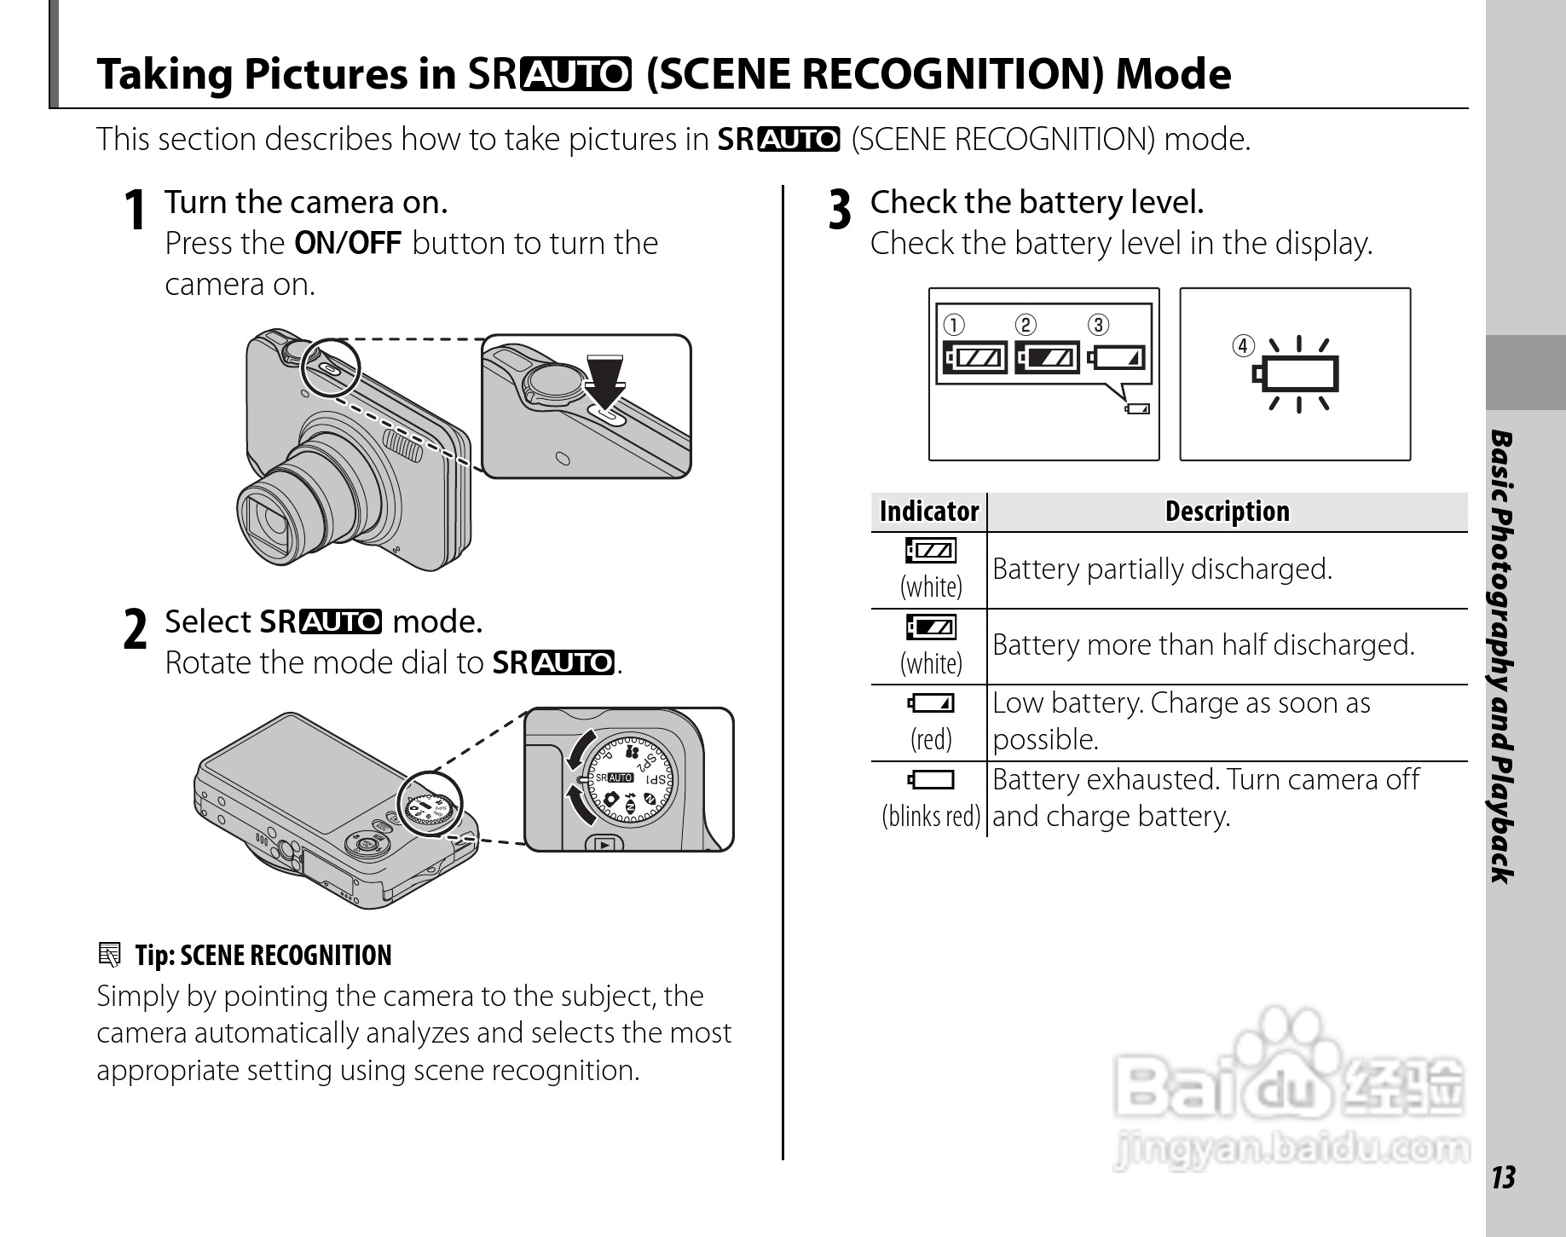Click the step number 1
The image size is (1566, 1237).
pos(134,210)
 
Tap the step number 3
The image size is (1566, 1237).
pos(840,210)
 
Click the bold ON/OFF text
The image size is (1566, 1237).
pos(348,244)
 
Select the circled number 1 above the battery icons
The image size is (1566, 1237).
pos(953,326)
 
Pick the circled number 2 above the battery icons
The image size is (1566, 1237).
pos(1026,326)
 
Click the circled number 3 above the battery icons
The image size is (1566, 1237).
pos(1099,326)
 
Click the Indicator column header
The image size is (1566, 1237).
pos(929,512)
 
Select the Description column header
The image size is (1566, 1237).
pos(1228,512)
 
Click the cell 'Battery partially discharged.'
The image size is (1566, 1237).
pos(1162,569)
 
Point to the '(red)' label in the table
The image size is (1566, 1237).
pos(931,739)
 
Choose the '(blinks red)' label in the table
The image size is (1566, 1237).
pos(931,816)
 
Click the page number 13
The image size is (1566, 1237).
pos(1504,1177)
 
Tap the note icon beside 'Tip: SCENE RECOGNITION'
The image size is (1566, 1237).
pos(109,955)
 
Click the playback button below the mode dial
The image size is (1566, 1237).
pos(604,844)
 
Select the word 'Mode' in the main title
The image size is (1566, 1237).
pos(1174,74)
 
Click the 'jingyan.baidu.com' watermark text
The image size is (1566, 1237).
pos(1292,1150)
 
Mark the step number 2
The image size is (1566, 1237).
pos(135,630)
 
